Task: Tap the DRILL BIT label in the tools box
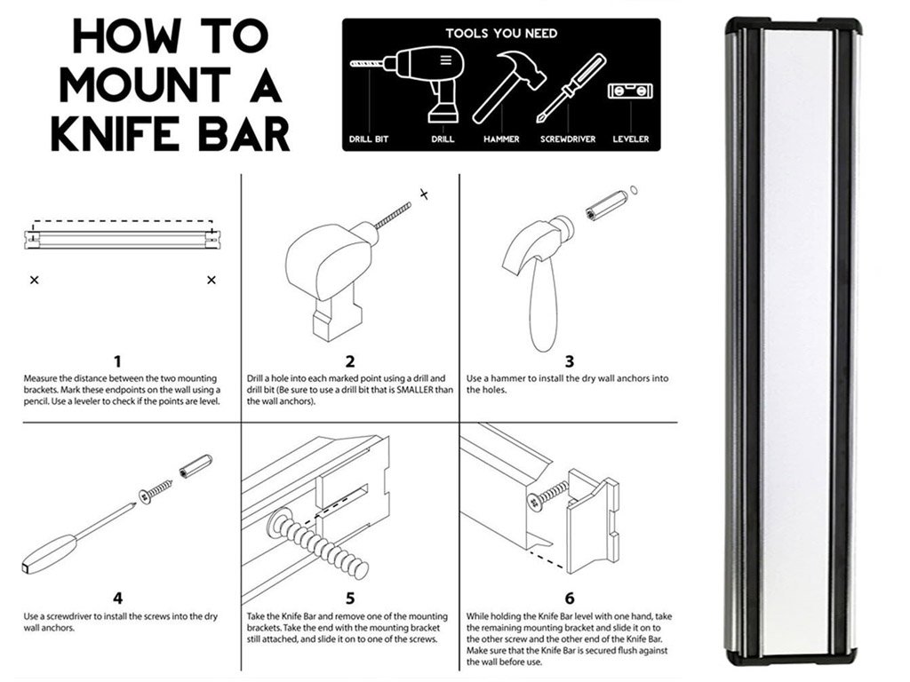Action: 368,139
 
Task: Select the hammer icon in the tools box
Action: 501,85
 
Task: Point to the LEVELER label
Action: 631,139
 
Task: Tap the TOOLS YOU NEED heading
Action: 501,34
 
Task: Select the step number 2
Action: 350,361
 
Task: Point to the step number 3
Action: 570,361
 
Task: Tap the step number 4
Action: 117,599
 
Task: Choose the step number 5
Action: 350,599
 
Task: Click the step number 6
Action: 570,599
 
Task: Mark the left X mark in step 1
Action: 34,280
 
